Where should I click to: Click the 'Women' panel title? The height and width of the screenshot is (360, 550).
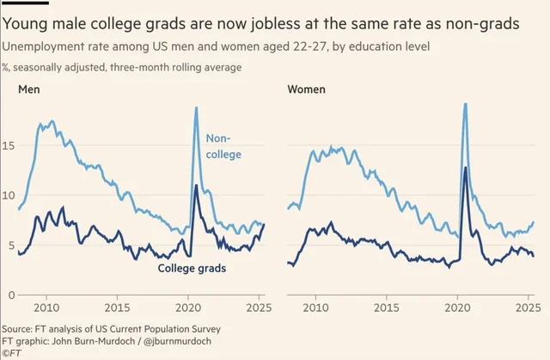click(x=306, y=89)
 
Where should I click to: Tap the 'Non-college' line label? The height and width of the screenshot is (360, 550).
click(x=223, y=146)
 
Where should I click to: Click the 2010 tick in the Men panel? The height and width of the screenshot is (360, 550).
click(x=46, y=308)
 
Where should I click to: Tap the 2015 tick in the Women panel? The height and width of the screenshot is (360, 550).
click(x=388, y=308)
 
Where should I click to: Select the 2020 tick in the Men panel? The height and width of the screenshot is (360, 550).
click(x=188, y=308)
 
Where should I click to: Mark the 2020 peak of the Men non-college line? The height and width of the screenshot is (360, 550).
click(x=196, y=107)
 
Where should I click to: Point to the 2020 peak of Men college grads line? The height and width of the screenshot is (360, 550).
click(x=196, y=186)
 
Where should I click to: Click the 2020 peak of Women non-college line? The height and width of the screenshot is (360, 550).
click(x=465, y=105)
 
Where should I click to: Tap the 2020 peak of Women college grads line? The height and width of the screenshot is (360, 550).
click(x=465, y=168)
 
